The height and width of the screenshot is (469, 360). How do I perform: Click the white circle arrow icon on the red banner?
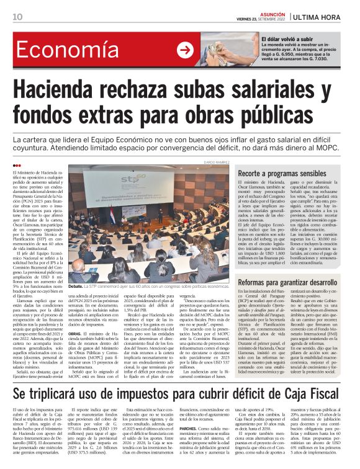click(185, 50)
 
